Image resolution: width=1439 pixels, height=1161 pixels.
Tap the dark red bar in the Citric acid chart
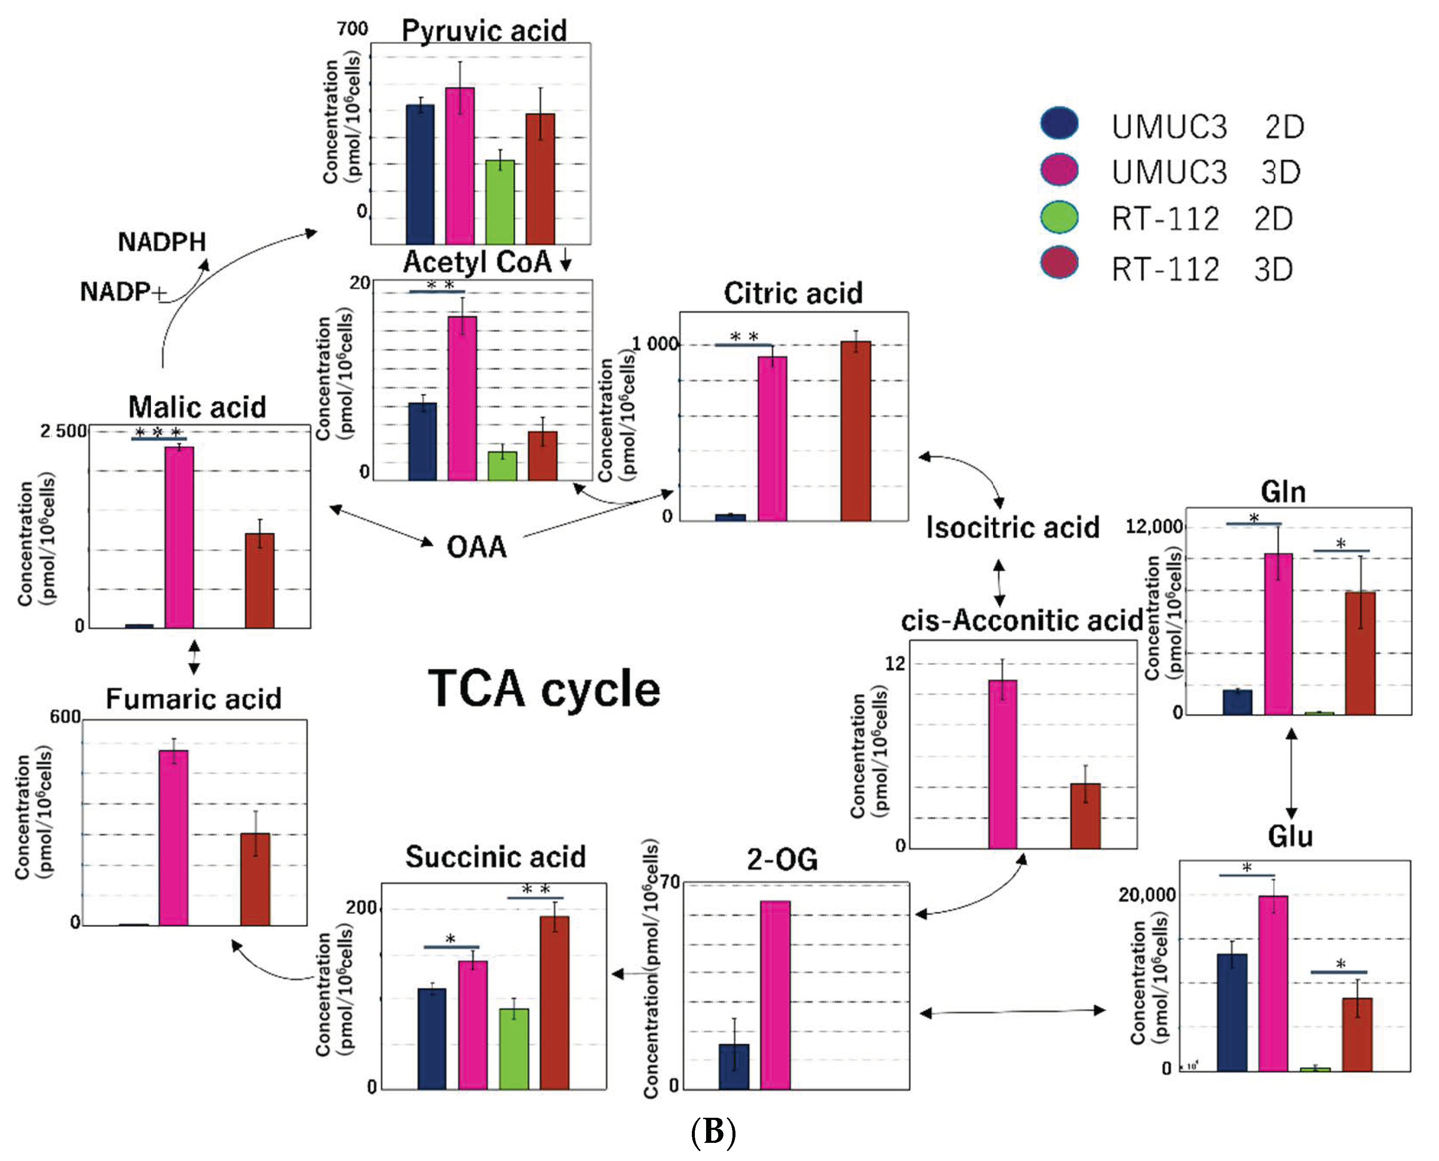[856, 431]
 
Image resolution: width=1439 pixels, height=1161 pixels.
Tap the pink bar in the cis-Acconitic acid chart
[1003, 764]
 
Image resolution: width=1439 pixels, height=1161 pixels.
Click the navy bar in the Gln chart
[1238, 702]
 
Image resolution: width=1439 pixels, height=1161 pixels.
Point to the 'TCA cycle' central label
[544, 689]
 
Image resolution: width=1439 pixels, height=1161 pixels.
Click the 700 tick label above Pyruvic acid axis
[352, 29]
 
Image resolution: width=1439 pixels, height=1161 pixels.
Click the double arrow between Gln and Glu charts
[1292, 774]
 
